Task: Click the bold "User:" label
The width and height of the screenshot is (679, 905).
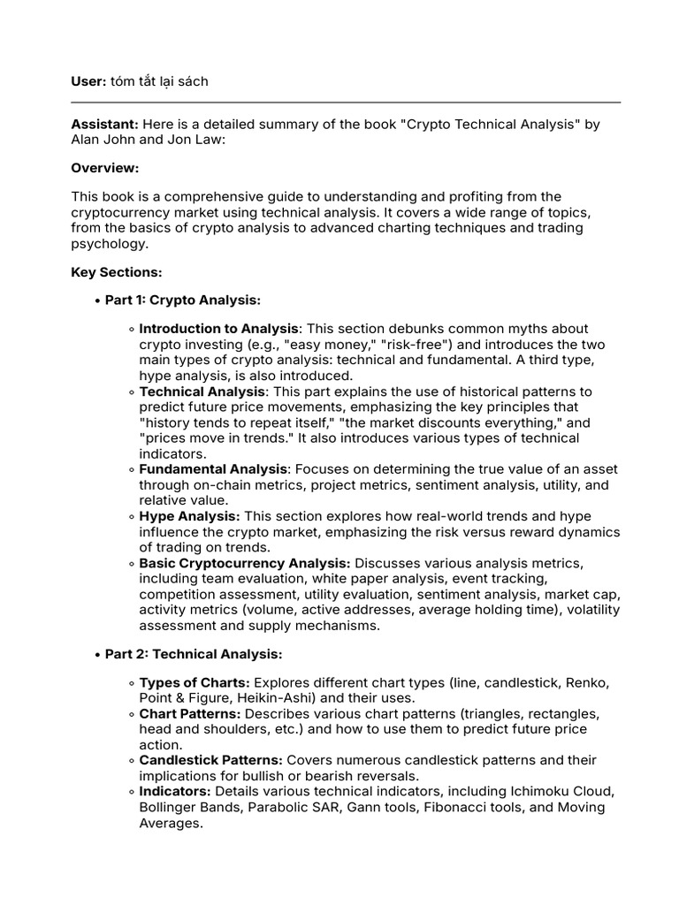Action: click(x=89, y=81)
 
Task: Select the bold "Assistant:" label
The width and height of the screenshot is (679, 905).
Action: click(x=104, y=125)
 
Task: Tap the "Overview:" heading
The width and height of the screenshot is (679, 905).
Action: click(x=105, y=168)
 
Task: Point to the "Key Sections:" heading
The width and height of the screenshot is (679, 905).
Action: click(x=116, y=272)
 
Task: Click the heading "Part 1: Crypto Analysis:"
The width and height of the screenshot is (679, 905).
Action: click(x=182, y=300)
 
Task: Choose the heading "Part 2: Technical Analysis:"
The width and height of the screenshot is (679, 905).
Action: click(x=193, y=654)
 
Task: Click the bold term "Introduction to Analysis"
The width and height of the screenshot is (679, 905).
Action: click(x=220, y=329)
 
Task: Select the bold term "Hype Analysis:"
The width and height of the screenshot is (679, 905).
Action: click(x=189, y=516)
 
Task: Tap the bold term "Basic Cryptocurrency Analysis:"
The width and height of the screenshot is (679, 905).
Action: click(x=245, y=563)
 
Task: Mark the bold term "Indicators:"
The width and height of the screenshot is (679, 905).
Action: click(x=175, y=791)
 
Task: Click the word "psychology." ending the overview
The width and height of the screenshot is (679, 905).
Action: click(x=110, y=243)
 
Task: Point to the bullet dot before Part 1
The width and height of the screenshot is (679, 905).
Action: click(x=95, y=301)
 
